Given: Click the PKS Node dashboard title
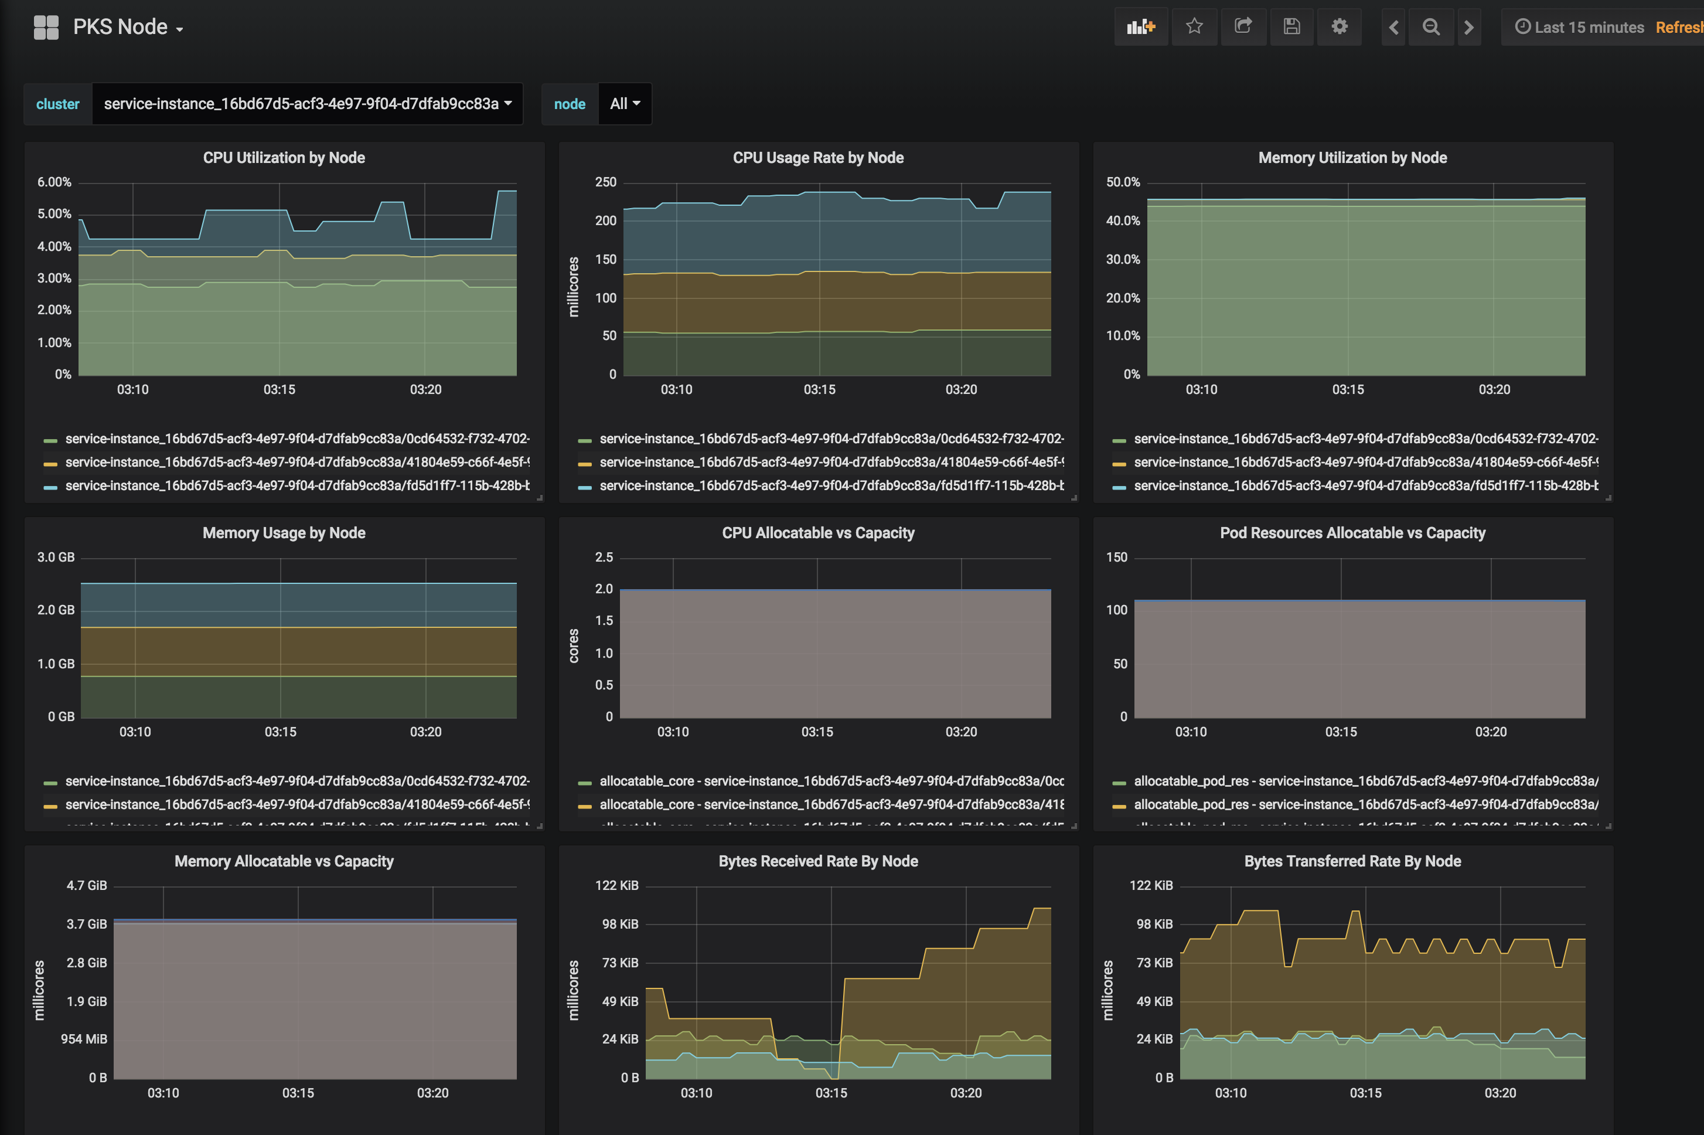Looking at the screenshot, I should pyautogui.click(x=120, y=27).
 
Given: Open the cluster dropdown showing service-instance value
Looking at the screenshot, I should pyautogui.click(x=307, y=104).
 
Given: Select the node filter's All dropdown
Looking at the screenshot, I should pyautogui.click(x=625, y=104).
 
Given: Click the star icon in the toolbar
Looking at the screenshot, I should pyautogui.click(x=1194, y=27).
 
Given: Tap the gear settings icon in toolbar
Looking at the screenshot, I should pyautogui.click(x=1340, y=27).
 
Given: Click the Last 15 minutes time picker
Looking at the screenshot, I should pyautogui.click(x=1580, y=28).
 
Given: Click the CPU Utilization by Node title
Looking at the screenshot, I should pyautogui.click(x=284, y=158).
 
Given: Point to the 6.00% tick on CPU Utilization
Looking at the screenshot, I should pyautogui.click(x=54, y=182).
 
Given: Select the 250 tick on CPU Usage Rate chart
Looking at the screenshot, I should pyautogui.click(x=606, y=182).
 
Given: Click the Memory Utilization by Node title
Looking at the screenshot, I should pyautogui.click(x=1352, y=158).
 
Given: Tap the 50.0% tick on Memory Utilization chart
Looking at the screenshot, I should pyautogui.click(x=1122, y=182).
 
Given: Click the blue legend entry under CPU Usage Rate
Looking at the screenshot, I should pyautogui.click(x=831, y=485).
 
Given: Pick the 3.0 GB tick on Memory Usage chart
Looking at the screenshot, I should pyautogui.click(x=56, y=558).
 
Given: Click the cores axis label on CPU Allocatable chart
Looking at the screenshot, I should pyautogui.click(x=574, y=645).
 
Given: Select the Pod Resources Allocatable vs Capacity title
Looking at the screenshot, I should pyautogui.click(x=1352, y=533).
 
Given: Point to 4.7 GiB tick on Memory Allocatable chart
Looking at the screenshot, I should pyautogui.click(x=87, y=885).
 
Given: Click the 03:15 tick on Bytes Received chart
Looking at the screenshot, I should pyautogui.click(x=831, y=1093).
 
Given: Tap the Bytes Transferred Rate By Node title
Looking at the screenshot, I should pyautogui.click(x=1352, y=861).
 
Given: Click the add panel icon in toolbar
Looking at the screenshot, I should pyautogui.click(x=1140, y=27).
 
